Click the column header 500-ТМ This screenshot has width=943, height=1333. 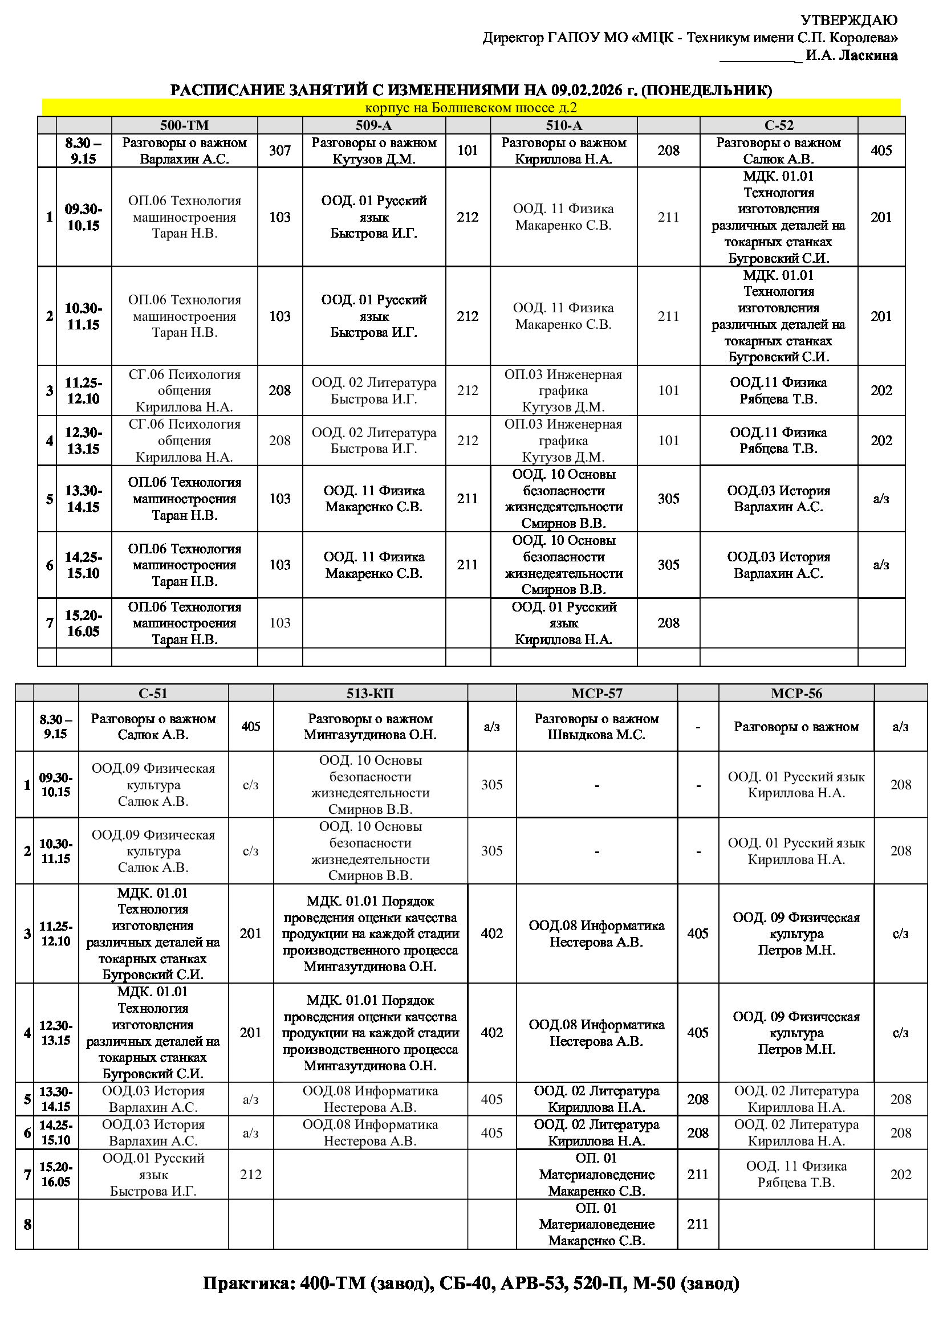184,125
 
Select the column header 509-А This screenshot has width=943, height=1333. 373,125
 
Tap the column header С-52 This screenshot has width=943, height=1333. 778,125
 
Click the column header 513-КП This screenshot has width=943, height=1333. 370,693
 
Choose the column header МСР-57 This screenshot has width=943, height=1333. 596,693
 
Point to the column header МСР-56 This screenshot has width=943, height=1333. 796,693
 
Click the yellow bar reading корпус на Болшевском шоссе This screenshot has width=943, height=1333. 471,108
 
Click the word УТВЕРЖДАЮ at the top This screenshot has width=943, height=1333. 848,21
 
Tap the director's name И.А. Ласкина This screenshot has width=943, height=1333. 851,56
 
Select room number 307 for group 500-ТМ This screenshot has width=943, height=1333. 279,151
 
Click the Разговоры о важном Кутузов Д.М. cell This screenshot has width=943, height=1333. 373,151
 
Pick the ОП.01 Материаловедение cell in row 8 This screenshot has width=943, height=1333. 596,1224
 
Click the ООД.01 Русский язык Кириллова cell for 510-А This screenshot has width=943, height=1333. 563,623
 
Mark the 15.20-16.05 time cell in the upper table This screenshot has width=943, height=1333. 83,623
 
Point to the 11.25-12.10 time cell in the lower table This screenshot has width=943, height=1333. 56,933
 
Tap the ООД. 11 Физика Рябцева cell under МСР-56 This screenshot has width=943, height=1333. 796,1175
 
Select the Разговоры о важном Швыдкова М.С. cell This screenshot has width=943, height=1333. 596,727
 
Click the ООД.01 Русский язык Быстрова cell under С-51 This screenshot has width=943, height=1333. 153,1175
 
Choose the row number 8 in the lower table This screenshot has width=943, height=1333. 27,1224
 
